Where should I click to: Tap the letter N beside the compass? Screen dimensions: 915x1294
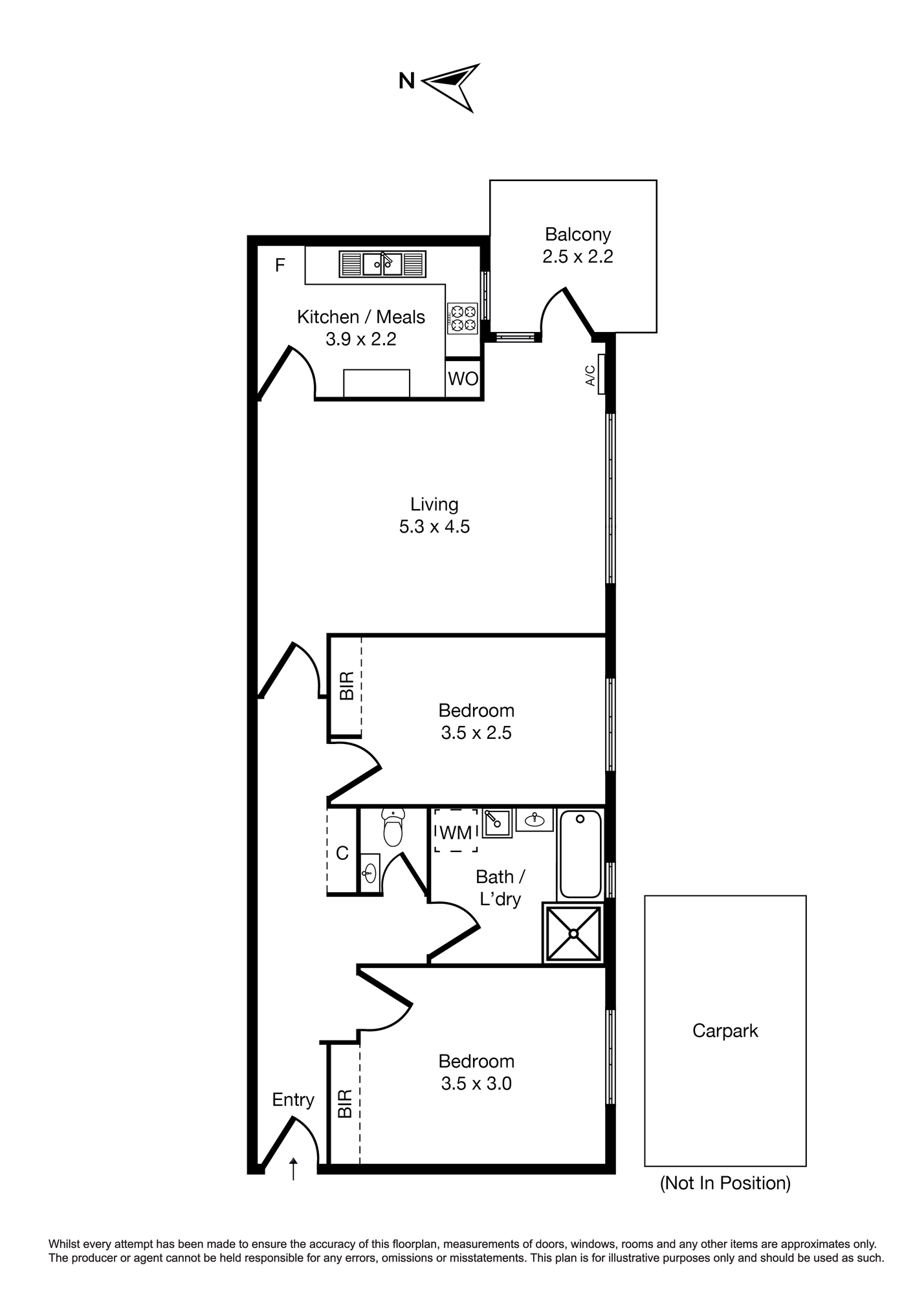click(x=406, y=81)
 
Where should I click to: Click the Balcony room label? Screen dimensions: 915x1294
click(x=578, y=234)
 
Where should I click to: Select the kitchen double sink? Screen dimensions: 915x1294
click(x=382, y=264)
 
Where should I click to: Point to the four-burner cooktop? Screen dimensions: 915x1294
click(x=462, y=318)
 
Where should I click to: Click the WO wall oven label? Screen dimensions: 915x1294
click(x=463, y=378)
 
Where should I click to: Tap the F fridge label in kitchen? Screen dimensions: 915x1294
click(x=280, y=265)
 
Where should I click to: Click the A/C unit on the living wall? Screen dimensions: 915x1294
click(x=601, y=375)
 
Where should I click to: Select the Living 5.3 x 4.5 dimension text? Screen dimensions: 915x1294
click(x=434, y=527)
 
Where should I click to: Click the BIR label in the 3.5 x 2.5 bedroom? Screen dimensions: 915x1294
click(x=347, y=686)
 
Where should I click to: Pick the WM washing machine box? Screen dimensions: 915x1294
click(x=456, y=831)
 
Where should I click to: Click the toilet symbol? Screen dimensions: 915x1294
click(x=393, y=828)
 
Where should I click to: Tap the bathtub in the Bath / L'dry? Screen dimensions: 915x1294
click(x=580, y=853)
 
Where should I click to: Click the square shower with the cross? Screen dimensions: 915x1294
click(x=573, y=933)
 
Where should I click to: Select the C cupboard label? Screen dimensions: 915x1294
click(x=342, y=853)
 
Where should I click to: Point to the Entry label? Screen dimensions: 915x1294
click(x=293, y=1100)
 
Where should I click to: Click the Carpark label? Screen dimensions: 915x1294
click(x=725, y=1030)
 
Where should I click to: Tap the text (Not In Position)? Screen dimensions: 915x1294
click(x=725, y=1183)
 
